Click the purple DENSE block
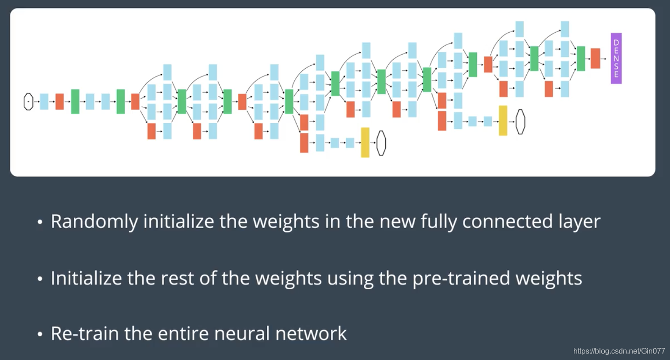[616, 58]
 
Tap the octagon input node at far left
[28, 101]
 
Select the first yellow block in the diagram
[365, 142]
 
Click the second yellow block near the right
[503, 121]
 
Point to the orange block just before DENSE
[595, 58]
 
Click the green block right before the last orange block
[580, 58]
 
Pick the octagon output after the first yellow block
[381, 143]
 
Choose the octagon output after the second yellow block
[520, 121]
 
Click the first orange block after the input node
[59, 101]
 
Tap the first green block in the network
[75, 101]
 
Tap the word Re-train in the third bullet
[74, 334]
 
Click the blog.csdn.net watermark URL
[619, 351]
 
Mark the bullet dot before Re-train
[40, 334]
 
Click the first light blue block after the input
[44, 101]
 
